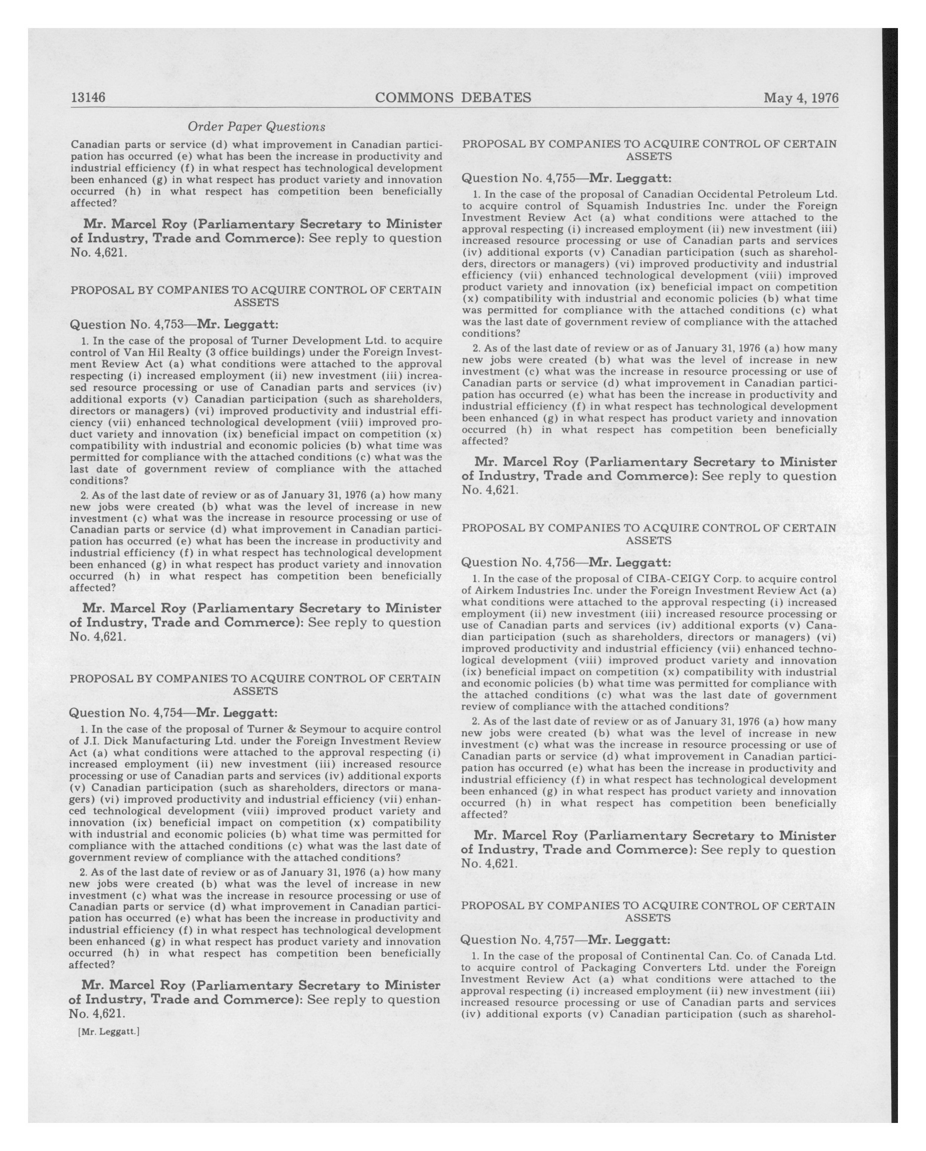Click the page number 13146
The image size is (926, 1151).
click(88, 98)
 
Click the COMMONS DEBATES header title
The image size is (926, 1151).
click(453, 98)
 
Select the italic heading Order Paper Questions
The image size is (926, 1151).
click(256, 126)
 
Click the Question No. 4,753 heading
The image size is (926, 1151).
click(174, 324)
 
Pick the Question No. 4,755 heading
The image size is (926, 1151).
click(566, 178)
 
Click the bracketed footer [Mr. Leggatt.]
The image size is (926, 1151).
click(109, 1032)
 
